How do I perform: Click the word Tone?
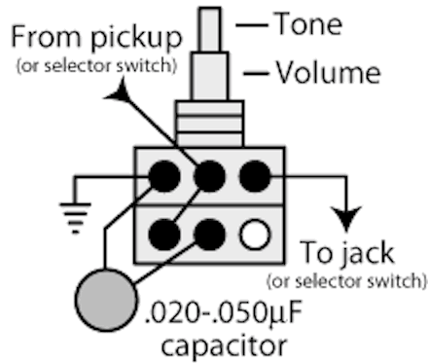tap(308, 23)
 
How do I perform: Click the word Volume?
tap(328, 73)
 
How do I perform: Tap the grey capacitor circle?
tap(106, 300)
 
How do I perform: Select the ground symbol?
tap(75, 218)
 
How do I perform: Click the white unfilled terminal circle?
tap(255, 235)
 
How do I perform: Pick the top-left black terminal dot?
tap(164, 176)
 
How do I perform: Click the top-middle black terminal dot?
tap(209, 176)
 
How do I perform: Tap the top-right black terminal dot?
tap(255, 176)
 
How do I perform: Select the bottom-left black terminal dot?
tap(164, 235)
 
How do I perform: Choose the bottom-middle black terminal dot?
tap(209, 235)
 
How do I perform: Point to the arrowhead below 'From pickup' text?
tap(118, 91)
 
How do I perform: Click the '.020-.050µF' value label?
tap(224, 314)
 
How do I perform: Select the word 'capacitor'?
tap(224, 346)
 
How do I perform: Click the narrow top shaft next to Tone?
tap(210, 29)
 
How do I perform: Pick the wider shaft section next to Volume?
tap(210, 76)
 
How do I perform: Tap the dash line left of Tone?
tap(252, 25)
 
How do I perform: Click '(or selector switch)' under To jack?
tap(347, 281)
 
